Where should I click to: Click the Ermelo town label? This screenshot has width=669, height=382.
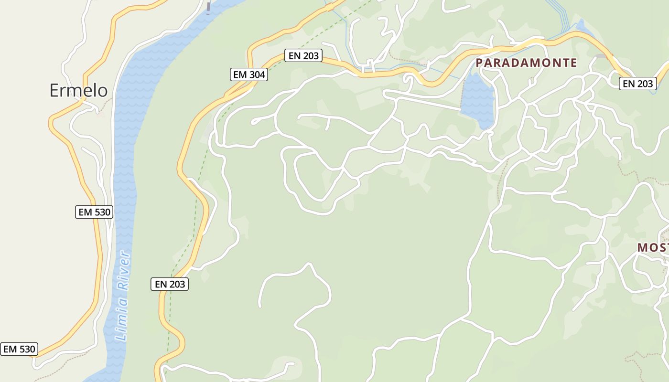pyautogui.click(x=78, y=90)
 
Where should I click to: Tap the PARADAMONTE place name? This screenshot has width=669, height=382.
pyautogui.click(x=526, y=63)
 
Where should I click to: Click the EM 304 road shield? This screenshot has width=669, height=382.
pyautogui.click(x=249, y=74)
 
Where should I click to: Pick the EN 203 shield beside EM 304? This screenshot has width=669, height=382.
pyautogui.click(x=303, y=56)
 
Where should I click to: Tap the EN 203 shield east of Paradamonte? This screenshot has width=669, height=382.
pyautogui.click(x=638, y=84)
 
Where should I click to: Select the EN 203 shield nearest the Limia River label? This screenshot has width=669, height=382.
pyautogui.click(x=170, y=284)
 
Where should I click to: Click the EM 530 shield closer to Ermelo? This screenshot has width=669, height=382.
pyautogui.click(x=94, y=212)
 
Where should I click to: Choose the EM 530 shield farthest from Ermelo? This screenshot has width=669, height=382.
pyautogui.click(x=19, y=349)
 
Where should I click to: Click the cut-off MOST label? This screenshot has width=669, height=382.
pyautogui.click(x=653, y=247)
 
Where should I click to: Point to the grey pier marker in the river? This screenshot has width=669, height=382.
pyautogui.click(x=208, y=8)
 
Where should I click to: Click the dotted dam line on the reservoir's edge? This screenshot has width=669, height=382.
pyautogui.click(x=463, y=95)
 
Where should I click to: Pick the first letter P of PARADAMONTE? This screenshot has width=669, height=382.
pyautogui.click(x=479, y=63)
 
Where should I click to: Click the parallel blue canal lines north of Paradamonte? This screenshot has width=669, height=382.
pyautogui.click(x=559, y=14)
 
